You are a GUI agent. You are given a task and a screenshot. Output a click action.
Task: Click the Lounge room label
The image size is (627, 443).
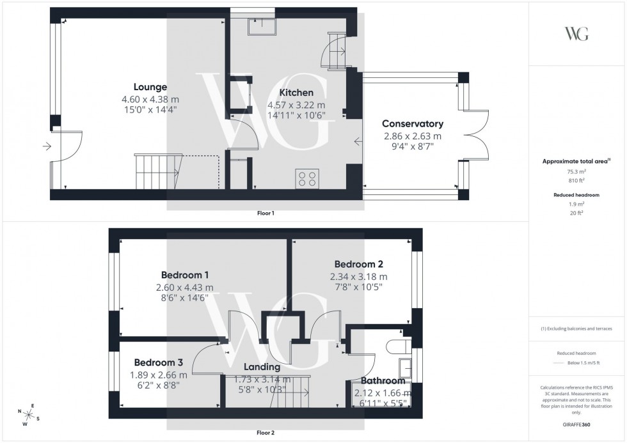click(x=150, y=87)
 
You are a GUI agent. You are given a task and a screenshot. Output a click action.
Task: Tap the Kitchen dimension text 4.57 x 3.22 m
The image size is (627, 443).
click(x=296, y=105)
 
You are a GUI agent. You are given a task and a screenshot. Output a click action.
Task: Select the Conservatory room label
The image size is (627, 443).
click(x=413, y=123)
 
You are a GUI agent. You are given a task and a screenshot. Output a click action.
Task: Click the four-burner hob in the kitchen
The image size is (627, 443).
click(x=307, y=178)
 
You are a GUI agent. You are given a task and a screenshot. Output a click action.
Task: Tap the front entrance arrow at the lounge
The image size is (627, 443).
click(x=47, y=146)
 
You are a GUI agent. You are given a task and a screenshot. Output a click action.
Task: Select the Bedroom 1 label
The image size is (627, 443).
click(x=184, y=276)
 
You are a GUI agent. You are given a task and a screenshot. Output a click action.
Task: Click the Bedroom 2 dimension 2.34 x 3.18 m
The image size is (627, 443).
click(x=358, y=276)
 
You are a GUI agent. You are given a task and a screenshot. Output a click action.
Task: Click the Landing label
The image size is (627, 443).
click(x=262, y=367)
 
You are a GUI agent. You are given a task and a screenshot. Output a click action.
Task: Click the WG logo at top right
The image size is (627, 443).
click(x=576, y=34)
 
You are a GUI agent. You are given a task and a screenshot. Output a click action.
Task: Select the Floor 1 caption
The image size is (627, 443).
click(x=265, y=213)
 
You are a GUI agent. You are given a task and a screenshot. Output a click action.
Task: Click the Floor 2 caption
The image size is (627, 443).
click(x=265, y=433)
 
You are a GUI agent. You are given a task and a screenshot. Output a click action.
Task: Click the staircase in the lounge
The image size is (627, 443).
click(x=157, y=171)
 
